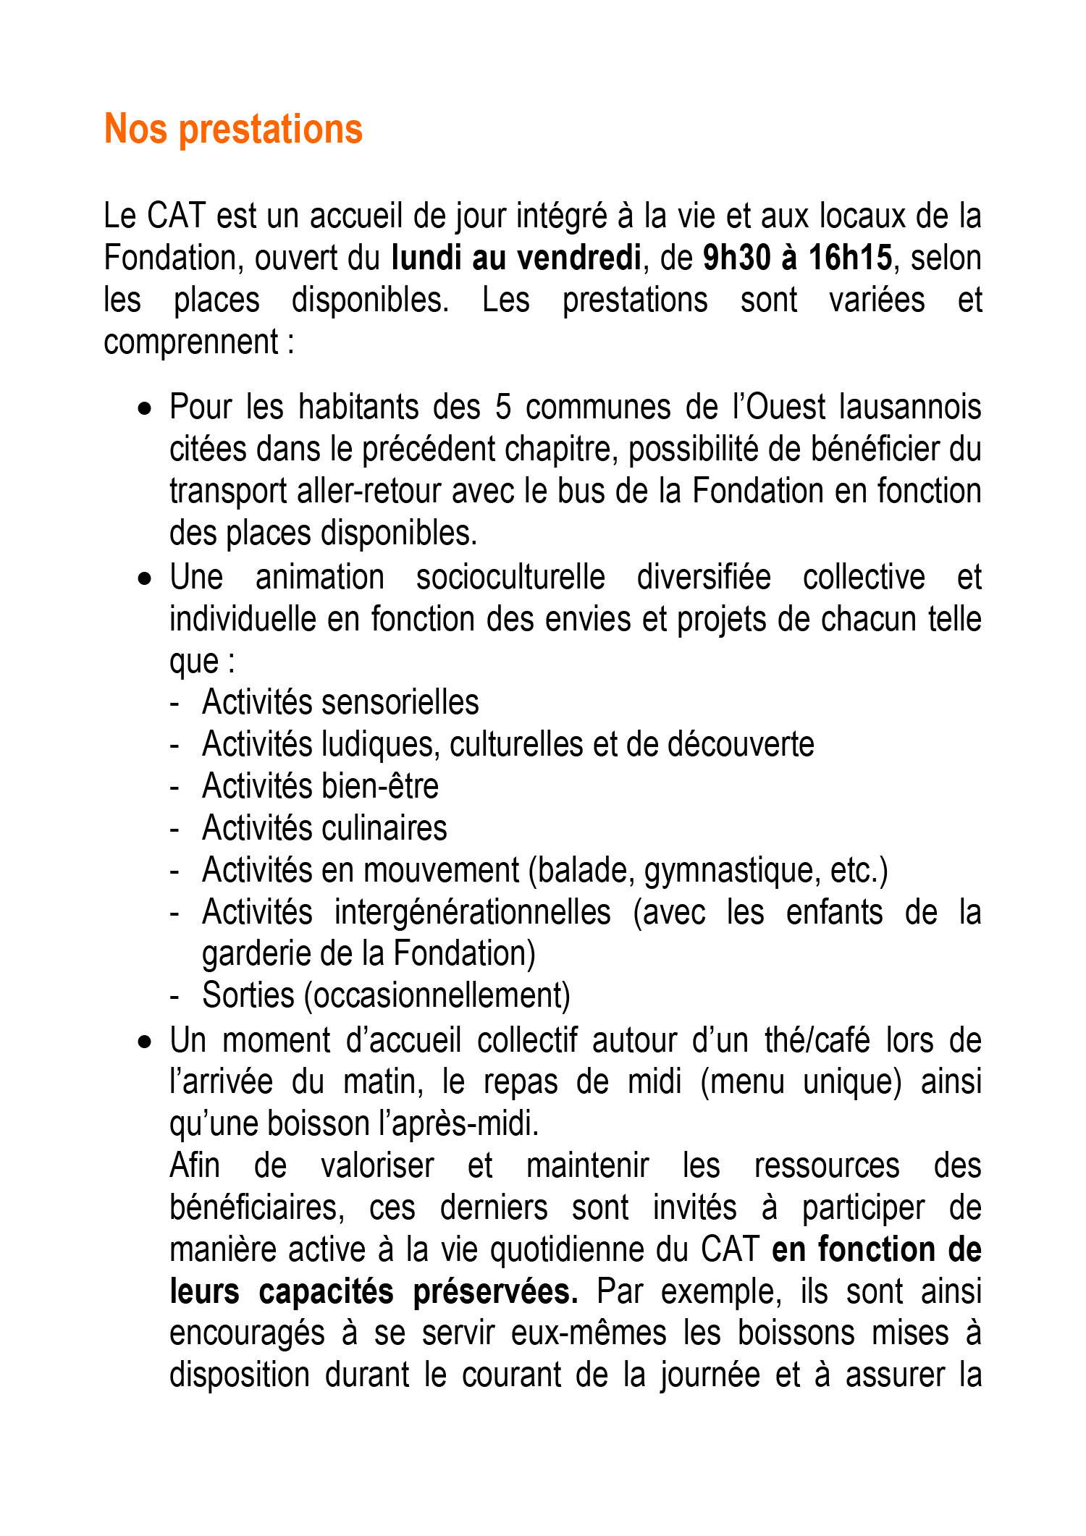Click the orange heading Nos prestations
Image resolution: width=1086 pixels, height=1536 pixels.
233,130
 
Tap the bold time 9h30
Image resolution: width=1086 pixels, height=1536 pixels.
735,258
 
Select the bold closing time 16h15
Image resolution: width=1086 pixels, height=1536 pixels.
850,258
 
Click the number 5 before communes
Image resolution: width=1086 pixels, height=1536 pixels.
503,408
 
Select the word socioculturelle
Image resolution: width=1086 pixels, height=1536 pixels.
510,578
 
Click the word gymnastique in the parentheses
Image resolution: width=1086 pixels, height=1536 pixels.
732,871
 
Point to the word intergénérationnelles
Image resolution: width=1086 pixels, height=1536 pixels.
472,913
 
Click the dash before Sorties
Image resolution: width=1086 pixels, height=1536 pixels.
174,997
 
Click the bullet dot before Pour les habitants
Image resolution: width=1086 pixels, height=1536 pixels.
146,409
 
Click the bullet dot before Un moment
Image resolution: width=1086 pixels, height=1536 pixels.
146,1042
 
